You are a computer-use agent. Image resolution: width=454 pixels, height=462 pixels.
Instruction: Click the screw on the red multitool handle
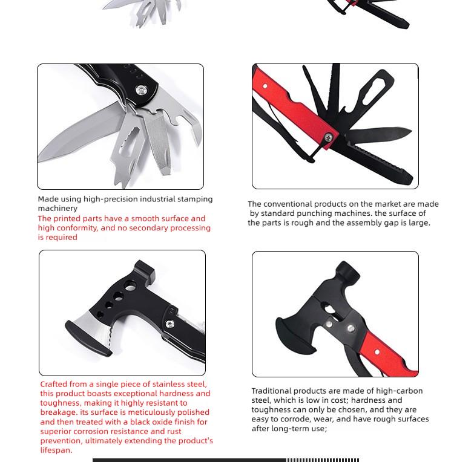click(328, 136)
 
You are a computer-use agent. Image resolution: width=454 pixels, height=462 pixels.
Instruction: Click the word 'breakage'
click(58, 412)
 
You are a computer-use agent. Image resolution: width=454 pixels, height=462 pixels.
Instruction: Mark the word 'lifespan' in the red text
click(56, 450)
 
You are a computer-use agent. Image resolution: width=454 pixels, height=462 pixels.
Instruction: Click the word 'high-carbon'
click(400, 391)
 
